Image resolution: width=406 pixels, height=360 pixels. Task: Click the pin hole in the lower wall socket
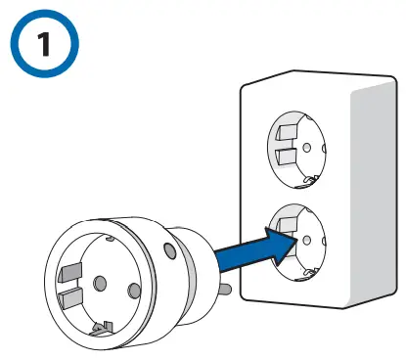[309, 238]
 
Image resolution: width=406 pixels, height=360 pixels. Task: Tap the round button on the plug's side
[172, 251]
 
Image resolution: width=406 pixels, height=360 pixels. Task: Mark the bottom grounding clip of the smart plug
[101, 329]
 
